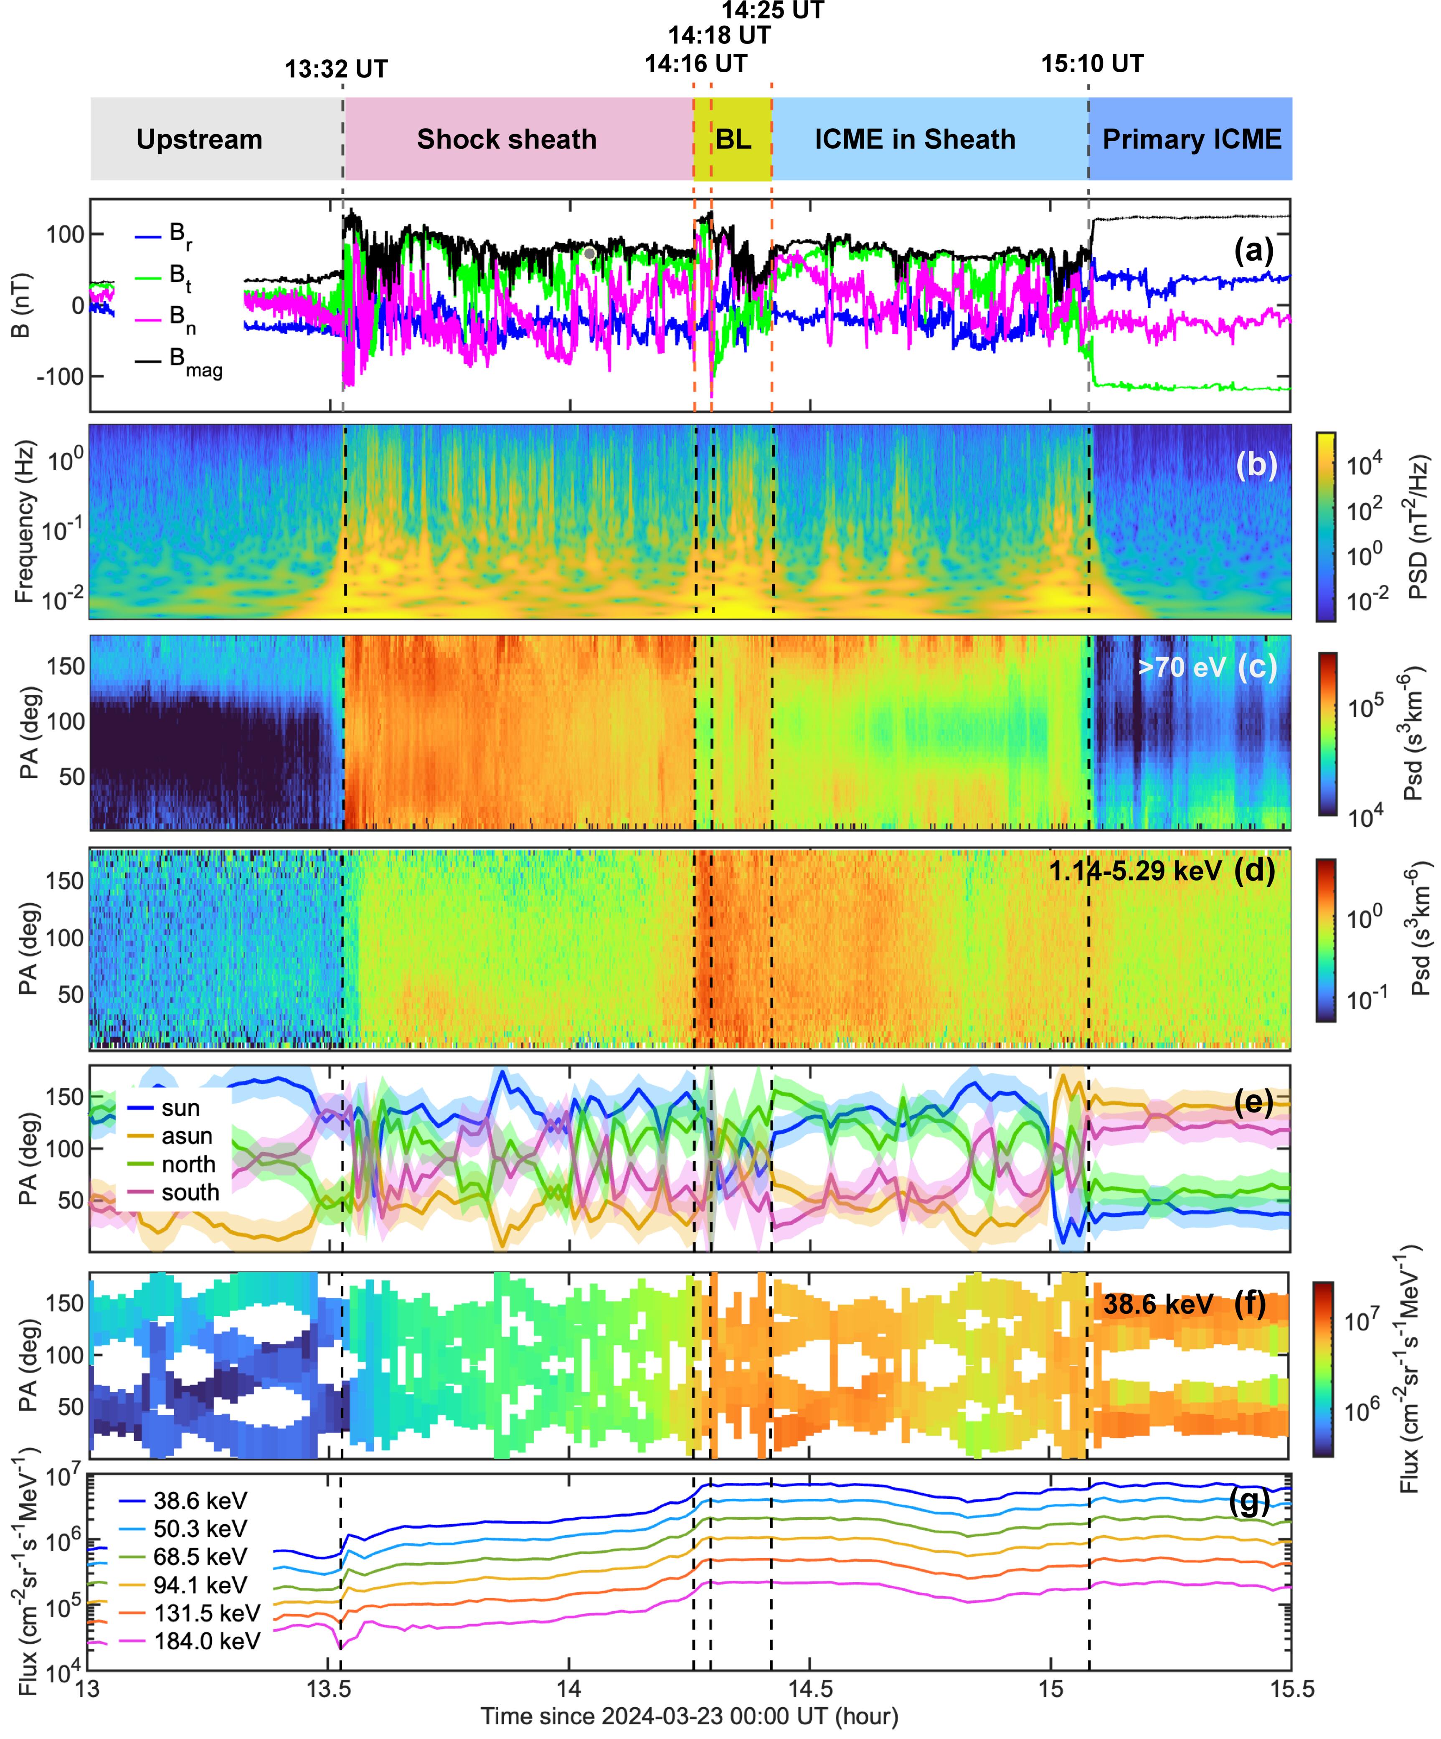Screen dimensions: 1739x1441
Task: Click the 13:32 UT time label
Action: click(x=336, y=69)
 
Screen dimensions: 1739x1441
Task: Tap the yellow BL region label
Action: click(x=733, y=139)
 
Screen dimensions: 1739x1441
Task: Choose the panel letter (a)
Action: click(x=1253, y=249)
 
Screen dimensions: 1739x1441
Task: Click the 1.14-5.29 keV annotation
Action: click(x=1134, y=870)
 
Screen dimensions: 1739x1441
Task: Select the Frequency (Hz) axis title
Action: click(x=24, y=522)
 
